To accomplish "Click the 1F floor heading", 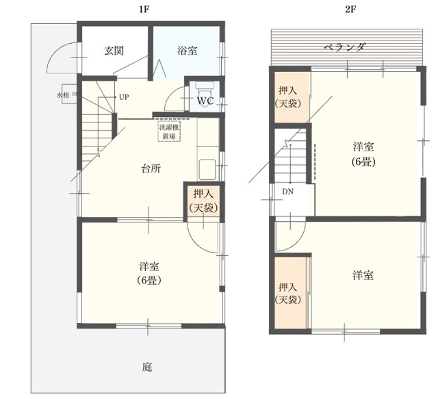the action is [144, 10].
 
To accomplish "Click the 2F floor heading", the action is [350, 10].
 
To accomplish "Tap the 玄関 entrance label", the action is [114, 51].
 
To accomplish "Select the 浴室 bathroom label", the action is [187, 51].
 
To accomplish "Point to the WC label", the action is [205, 101].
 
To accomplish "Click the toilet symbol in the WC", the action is [204, 89].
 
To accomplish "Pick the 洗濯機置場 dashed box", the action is [170, 131].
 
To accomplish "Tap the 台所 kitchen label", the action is [151, 169].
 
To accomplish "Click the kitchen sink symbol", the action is [207, 170].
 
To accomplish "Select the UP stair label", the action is [124, 97].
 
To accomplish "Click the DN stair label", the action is [287, 192].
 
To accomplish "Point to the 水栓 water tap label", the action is [63, 95].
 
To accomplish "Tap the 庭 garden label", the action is [147, 367].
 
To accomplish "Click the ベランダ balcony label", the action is [344, 47].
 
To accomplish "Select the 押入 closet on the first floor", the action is [204, 200].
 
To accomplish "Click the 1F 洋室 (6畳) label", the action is [149, 273].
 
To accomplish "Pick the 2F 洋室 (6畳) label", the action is [363, 154].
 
